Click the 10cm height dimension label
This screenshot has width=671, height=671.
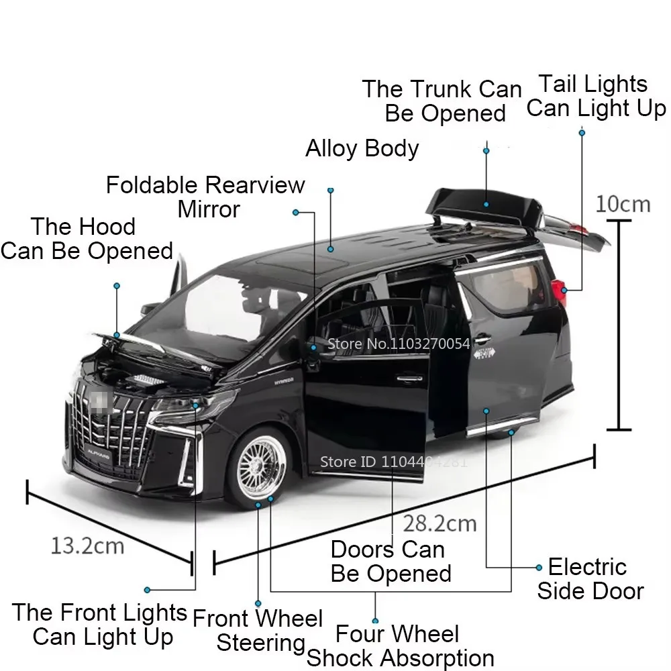(x=623, y=203)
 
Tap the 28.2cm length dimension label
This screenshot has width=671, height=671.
(x=440, y=523)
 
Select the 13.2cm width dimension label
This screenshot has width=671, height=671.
(x=87, y=545)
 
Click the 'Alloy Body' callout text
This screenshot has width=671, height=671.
(x=362, y=148)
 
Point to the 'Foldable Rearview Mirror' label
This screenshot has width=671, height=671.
(x=205, y=197)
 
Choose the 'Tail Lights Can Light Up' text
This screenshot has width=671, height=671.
(x=596, y=96)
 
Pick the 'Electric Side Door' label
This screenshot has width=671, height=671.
(x=590, y=578)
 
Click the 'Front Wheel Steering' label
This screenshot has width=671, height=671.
(x=258, y=630)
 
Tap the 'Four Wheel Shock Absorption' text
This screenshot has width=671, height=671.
(x=400, y=646)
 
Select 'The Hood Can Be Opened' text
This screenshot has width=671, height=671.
(x=87, y=238)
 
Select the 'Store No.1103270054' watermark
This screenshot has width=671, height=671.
(x=399, y=344)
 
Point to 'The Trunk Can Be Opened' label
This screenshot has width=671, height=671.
(x=442, y=101)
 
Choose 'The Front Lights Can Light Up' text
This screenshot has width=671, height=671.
(x=99, y=624)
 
